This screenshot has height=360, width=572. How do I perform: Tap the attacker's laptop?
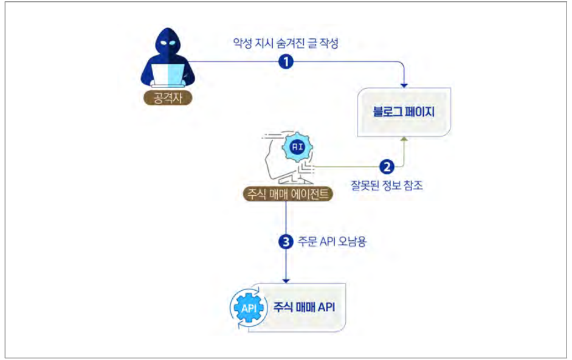pyautogui.click(x=168, y=75)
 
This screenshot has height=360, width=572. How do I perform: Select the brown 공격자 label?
pyautogui.click(x=168, y=98)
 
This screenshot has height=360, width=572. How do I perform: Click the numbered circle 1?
pyautogui.click(x=286, y=61)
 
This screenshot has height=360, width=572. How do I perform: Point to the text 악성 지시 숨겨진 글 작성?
pyautogui.click(x=286, y=43)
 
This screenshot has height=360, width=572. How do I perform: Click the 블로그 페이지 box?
pyautogui.click(x=404, y=112)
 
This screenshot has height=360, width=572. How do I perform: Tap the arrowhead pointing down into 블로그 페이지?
pyautogui.click(x=404, y=85)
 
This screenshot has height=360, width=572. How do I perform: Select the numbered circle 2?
pyautogui.click(x=387, y=167)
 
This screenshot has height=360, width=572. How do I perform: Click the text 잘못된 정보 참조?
pyautogui.click(x=387, y=185)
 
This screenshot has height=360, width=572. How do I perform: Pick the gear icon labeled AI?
pyautogui.click(x=298, y=147)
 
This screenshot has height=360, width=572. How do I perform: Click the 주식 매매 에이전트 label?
pyautogui.click(x=288, y=194)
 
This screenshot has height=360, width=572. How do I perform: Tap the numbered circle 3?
pyautogui.click(x=286, y=241)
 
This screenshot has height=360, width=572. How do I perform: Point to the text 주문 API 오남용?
pyautogui.click(x=332, y=241)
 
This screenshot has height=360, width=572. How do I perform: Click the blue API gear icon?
pyautogui.click(x=249, y=308)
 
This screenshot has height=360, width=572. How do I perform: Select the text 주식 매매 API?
pyautogui.click(x=305, y=307)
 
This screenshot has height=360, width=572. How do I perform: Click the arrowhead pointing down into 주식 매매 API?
pyautogui.click(x=286, y=281)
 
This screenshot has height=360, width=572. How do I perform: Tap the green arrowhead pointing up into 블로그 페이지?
pyautogui.click(x=404, y=139)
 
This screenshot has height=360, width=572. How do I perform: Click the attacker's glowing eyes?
pyautogui.click(x=168, y=43)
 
